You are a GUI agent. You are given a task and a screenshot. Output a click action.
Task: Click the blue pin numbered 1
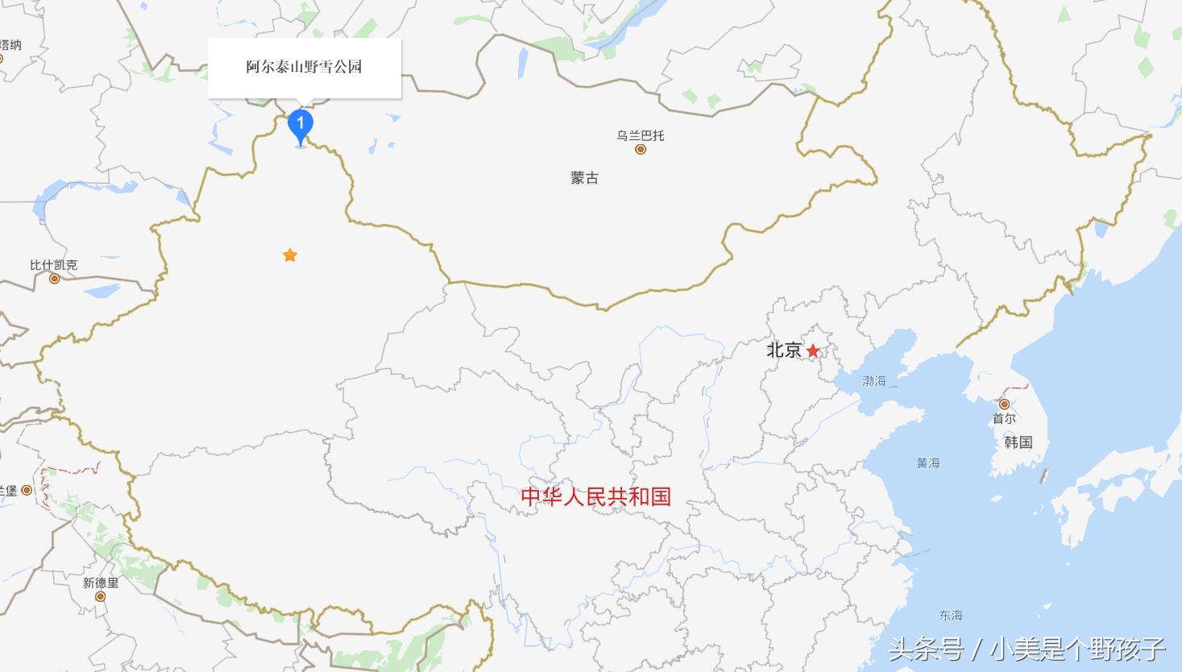click(x=301, y=125)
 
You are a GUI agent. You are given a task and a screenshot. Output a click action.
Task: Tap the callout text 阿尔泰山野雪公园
click(x=304, y=67)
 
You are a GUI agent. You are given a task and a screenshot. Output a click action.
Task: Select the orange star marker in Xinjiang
click(x=290, y=255)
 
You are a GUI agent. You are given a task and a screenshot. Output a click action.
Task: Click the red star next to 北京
click(x=813, y=351)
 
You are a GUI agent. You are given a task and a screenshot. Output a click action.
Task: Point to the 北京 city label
click(x=783, y=350)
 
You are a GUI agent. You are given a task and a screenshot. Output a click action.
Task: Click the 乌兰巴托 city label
click(x=641, y=135)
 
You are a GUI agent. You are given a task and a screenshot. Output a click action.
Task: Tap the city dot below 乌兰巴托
click(x=641, y=149)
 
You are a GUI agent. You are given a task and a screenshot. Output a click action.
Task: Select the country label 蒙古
click(x=585, y=178)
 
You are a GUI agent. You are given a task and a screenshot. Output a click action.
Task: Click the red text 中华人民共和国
click(x=595, y=496)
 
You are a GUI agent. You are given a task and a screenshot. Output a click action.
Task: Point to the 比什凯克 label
click(x=54, y=265)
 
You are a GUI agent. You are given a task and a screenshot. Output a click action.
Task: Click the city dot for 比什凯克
click(x=55, y=279)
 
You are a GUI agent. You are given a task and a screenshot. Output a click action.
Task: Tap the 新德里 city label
click(x=101, y=583)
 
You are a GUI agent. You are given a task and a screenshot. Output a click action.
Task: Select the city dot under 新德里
click(x=101, y=596)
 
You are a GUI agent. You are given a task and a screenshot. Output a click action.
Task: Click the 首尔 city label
click(x=1004, y=418)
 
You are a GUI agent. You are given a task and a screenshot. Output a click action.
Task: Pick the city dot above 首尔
click(x=1004, y=404)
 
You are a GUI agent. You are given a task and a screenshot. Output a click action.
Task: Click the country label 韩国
click(x=1018, y=442)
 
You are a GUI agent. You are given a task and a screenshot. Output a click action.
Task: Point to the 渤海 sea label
click(x=874, y=380)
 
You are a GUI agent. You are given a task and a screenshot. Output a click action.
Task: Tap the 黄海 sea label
click(x=928, y=463)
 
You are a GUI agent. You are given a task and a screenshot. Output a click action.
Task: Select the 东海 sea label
click(x=951, y=615)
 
